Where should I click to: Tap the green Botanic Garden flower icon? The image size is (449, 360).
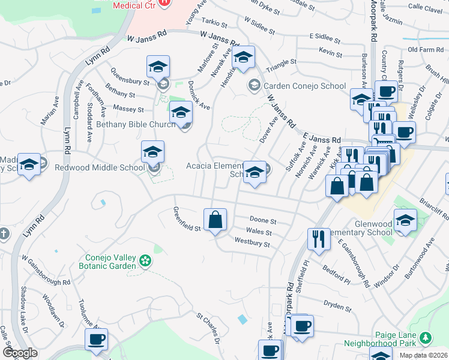(145, 260)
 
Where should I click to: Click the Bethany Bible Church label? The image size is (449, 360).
(134, 125)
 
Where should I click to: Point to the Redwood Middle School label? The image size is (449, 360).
(99, 168)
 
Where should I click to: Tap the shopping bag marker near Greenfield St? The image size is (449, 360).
(215, 220)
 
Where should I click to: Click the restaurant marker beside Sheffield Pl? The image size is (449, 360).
(319, 239)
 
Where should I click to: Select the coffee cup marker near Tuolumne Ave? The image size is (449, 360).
(96, 340)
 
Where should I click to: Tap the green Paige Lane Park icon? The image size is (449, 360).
(426, 338)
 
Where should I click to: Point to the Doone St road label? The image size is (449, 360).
(263, 221)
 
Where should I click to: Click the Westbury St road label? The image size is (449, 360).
(252, 244)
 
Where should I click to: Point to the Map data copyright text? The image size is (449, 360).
(423, 355)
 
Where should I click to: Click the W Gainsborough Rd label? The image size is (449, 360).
(46, 269)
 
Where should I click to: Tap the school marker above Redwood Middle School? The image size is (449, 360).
(152, 152)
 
